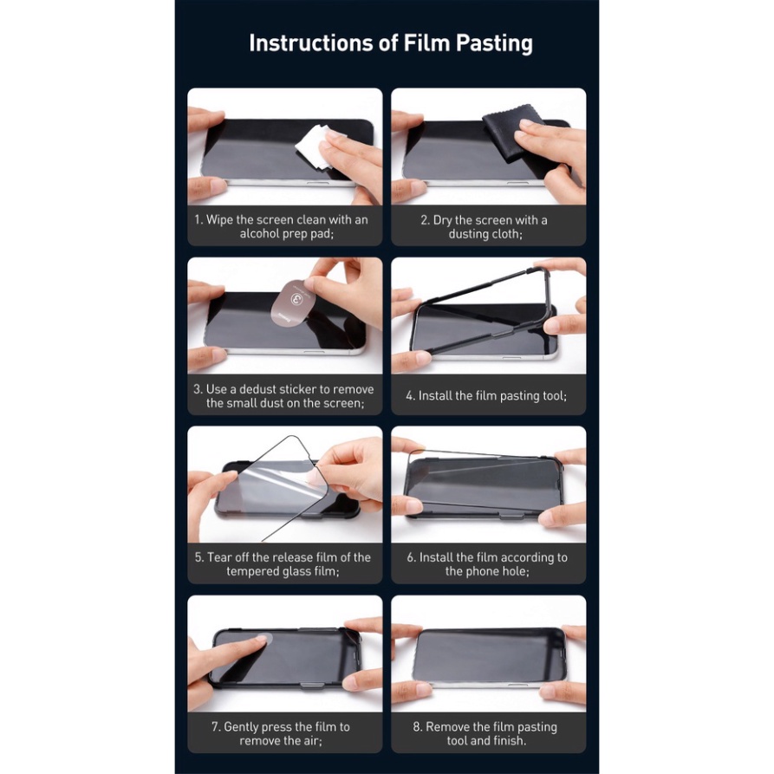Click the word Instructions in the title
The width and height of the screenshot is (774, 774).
click(311, 42)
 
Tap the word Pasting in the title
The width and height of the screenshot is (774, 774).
click(494, 43)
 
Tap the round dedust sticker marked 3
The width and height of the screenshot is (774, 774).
click(292, 303)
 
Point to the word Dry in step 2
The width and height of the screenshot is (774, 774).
click(443, 220)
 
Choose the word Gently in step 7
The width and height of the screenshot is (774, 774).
click(241, 727)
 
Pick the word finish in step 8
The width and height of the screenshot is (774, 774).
click(510, 741)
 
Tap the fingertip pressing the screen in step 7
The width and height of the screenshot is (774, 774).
click(261, 640)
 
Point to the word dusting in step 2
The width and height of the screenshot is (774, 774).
click(468, 234)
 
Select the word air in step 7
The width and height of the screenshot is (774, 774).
click(313, 741)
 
